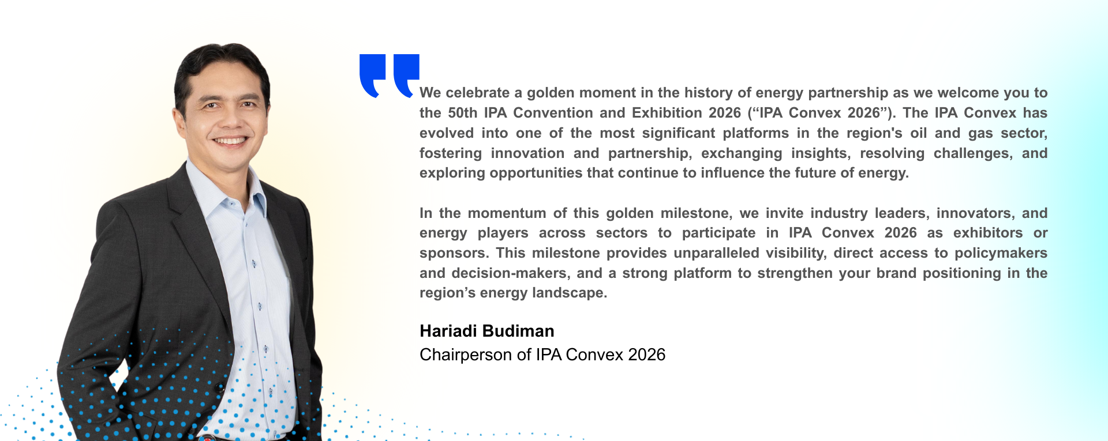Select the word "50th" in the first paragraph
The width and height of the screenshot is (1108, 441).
point(463,113)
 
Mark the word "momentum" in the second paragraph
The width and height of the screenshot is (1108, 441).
point(507,213)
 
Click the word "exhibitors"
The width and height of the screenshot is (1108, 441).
point(988,233)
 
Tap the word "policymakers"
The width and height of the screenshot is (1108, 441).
point(1001,254)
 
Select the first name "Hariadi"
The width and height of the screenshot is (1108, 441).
point(448,331)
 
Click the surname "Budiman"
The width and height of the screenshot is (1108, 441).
point(518,331)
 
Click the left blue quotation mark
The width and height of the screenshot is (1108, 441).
point(372,75)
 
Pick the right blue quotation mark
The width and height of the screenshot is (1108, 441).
point(406,75)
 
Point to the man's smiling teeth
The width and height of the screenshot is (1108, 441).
point(230,141)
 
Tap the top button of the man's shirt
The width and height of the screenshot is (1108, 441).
point(231,203)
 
